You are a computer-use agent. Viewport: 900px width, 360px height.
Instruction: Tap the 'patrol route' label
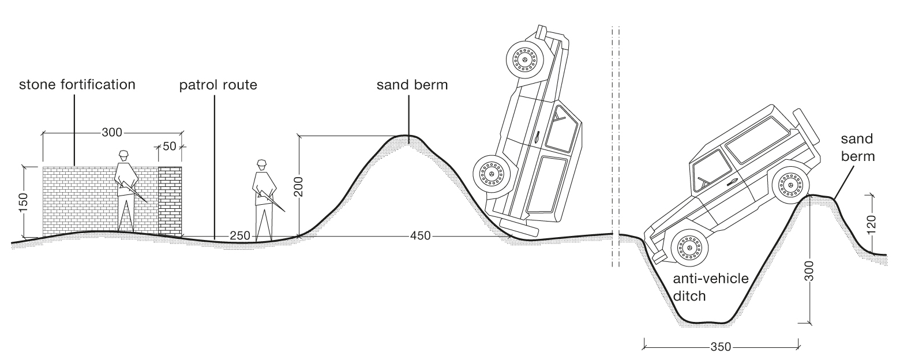[x=217, y=85]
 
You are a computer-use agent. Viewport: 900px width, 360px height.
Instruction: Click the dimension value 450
[x=421, y=236]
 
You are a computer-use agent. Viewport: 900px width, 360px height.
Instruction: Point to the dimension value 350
[x=721, y=347]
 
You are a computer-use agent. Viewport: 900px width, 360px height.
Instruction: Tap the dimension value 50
[x=169, y=146]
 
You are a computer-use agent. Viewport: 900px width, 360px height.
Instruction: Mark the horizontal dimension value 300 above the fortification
[x=112, y=132]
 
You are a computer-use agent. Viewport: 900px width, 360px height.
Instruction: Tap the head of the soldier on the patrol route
[x=262, y=164]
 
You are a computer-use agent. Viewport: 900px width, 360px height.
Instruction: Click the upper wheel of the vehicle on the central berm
[x=524, y=59]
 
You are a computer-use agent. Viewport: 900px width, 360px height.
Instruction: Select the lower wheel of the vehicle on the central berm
[x=492, y=174]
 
